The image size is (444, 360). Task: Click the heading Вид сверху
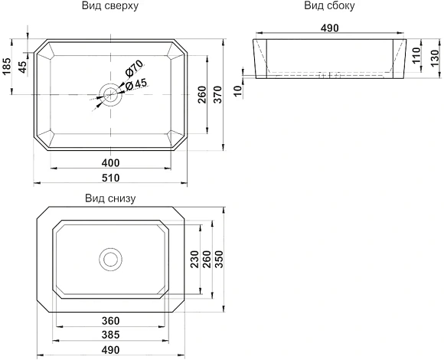(110, 5)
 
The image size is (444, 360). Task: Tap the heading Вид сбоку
(329, 5)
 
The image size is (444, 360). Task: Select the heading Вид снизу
(110, 198)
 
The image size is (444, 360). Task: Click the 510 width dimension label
(111, 178)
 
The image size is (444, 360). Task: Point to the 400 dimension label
(111, 163)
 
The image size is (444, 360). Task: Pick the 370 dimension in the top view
(218, 94)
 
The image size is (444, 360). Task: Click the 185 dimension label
(6, 67)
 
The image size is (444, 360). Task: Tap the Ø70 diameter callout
(134, 69)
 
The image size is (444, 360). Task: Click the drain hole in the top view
(110, 94)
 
